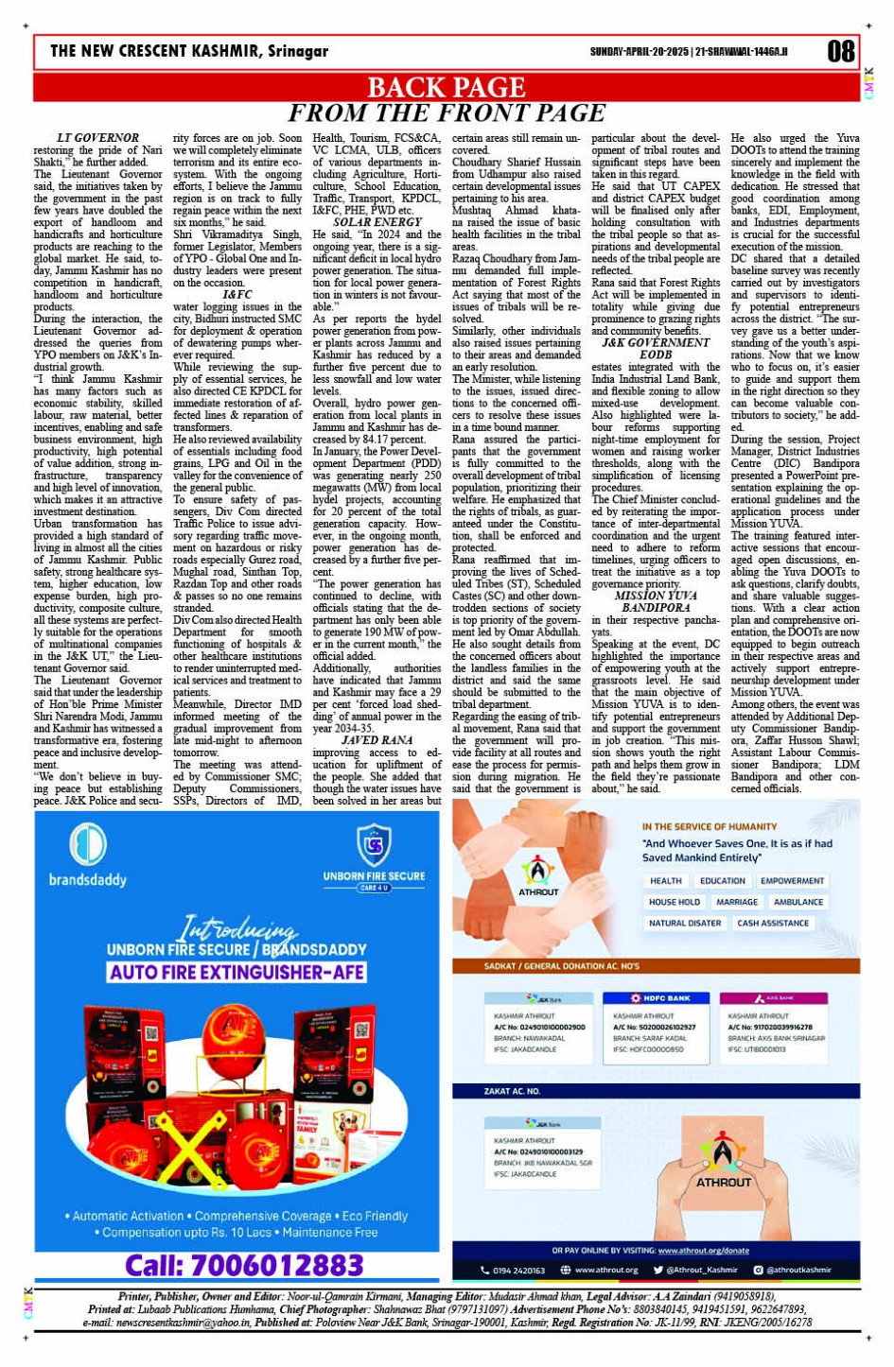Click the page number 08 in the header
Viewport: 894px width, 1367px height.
point(841,51)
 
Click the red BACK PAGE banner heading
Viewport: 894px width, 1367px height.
point(446,87)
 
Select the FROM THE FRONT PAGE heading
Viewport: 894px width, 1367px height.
point(446,112)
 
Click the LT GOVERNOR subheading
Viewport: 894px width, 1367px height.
point(97,138)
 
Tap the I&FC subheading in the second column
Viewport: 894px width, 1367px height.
point(237,295)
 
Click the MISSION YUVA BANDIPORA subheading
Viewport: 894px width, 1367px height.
point(655,602)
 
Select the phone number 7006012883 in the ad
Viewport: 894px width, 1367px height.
point(244,1265)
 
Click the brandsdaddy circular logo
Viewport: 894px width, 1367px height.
point(88,843)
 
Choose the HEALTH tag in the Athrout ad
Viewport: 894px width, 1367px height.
point(665,881)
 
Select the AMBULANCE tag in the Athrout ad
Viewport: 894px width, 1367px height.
point(798,902)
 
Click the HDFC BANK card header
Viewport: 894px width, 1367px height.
point(660,998)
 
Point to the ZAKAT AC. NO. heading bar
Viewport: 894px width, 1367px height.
point(512,1091)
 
